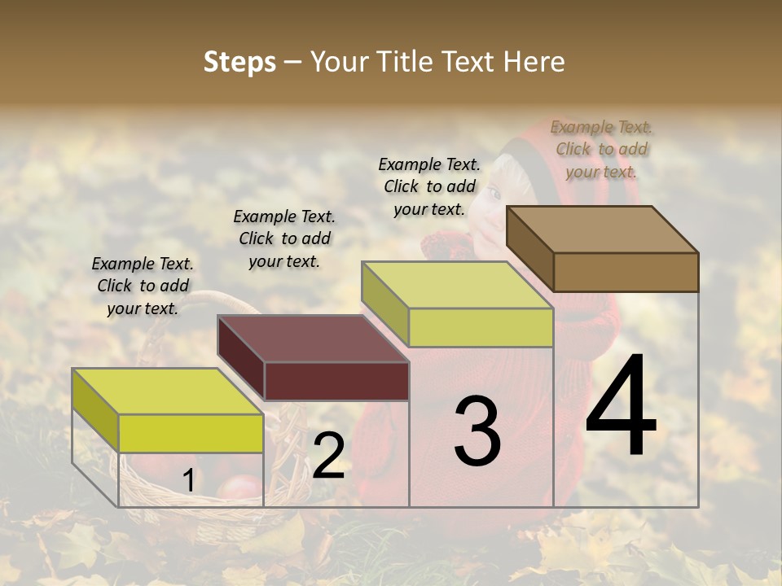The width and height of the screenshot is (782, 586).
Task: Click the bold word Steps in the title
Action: click(239, 62)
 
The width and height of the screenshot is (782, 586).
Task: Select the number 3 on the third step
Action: click(477, 431)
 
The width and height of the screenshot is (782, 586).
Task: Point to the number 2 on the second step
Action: click(328, 456)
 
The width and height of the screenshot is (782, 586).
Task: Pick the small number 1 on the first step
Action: click(188, 481)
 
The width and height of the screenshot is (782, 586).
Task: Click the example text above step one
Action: click(143, 286)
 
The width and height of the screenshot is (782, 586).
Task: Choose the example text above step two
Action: click(284, 238)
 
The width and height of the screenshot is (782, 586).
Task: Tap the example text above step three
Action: click(429, 186)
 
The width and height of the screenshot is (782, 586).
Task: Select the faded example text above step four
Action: click(601, 149)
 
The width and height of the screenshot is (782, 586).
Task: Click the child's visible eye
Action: click(494, 194)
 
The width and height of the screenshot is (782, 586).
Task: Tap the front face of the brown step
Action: click(626, 272)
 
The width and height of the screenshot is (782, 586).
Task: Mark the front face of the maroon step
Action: click(336, 381)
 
